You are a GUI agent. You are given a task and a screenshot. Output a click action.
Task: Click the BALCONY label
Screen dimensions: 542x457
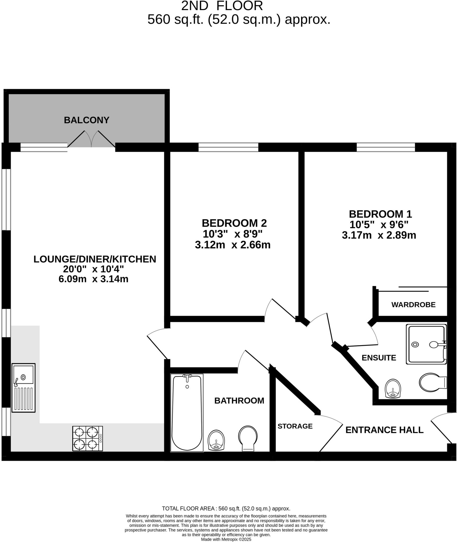point(87,120)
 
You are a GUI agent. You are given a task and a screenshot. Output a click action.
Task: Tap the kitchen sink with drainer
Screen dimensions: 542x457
point(23,387)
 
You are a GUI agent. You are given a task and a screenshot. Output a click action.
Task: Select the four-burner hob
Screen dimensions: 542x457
point(87,438)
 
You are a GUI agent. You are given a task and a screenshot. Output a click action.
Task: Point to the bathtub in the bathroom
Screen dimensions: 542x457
point(187,412)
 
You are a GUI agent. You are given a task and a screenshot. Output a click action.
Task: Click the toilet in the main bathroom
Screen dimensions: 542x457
point(248,438)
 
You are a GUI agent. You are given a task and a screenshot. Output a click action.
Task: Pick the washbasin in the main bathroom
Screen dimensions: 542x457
point(216,440)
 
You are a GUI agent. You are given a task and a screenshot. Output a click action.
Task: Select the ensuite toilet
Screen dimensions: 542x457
point(432,382)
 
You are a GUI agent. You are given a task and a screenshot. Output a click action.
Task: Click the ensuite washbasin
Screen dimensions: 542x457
point(393,389)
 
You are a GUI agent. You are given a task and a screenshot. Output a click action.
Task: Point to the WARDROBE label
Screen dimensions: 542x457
point(413,305)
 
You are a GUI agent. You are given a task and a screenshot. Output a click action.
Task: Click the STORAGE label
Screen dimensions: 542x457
point(295,426)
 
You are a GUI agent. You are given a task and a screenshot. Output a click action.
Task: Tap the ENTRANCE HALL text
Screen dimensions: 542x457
point(384,430)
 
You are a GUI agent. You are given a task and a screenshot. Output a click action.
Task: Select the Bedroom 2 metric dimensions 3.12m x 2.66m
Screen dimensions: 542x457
point(233,245)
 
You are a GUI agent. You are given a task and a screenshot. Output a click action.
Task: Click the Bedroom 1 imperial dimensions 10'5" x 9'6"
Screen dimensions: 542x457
point(379,225)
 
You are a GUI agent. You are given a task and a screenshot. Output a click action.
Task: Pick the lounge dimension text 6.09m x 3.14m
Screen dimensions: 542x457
point(93,279)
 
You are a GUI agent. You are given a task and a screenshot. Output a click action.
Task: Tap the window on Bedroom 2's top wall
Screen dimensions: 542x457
point(228,147)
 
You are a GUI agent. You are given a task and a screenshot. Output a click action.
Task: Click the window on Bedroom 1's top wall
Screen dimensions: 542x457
point(386,147)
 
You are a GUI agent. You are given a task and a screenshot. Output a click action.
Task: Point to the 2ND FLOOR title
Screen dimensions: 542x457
point(222,6)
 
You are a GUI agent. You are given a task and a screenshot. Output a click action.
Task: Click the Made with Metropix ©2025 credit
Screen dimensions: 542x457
point(226,539)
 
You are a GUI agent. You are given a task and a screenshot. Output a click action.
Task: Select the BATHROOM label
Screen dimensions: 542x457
point(239,401)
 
